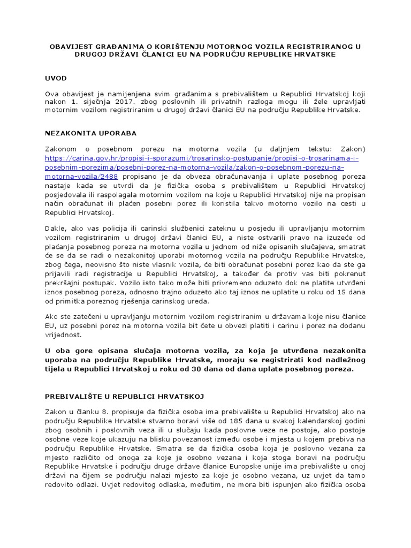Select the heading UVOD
tap(56, 78)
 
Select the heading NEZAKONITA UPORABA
tap(91, 133)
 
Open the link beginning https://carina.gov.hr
tap(201, 158)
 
